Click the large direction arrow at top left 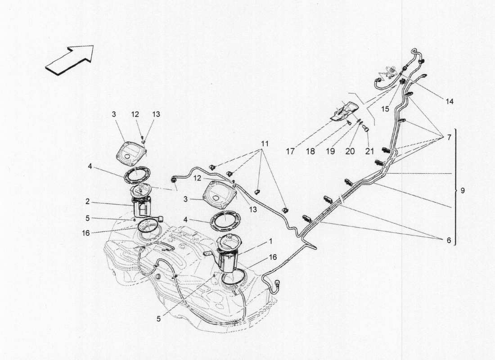click(70, 58)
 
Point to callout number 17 click(290, 152)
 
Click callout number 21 click(369, 152)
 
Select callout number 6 click(449, 240)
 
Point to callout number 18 click(310, 152)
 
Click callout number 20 click(349, 152)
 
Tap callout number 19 click(330, 152)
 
